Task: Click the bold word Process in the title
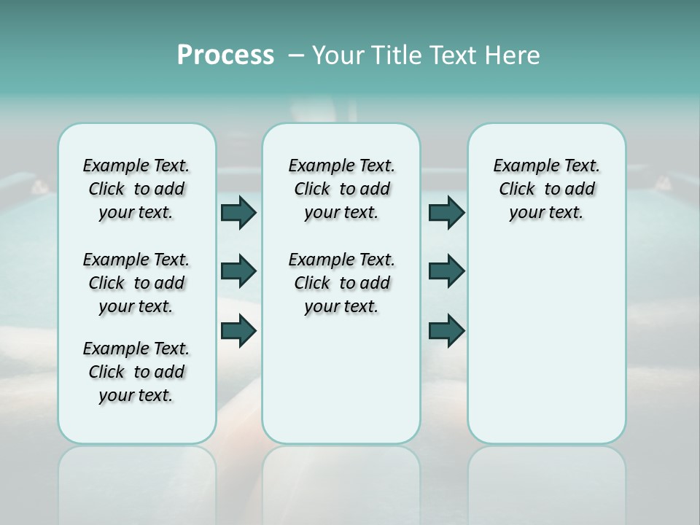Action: click(x=225, y=55)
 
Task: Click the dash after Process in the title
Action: click(x=296, y=55)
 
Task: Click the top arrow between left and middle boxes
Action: click(x=238, y=212)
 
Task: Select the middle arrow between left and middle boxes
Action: click(x=238, y=271)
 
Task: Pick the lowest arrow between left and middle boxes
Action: click(x=238, y=330)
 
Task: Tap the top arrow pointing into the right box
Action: click(x=446, y=212)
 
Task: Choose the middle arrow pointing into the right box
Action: click(x=446, y=271)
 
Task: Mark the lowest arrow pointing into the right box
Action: click(x=446, y=330)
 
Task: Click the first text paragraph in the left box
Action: click(x=136, y=189)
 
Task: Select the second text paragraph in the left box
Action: click(x=136, y=283)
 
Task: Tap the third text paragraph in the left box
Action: click(x=136, y=372)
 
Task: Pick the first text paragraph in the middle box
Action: click(x=341, y=189)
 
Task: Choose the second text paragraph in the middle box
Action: click(x=341, y=283)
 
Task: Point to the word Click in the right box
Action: click(x=516, y=190)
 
